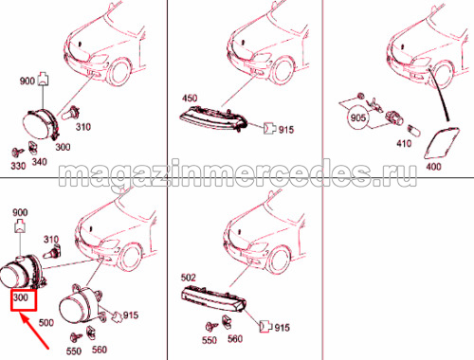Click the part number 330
[x=18, y=166]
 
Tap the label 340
[x=40, y=162]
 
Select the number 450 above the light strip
[x=190, y=99]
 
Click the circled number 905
[x=358, y=117]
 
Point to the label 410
[x=404, y=143]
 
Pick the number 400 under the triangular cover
[x=433, y=166]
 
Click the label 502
[x=189, y=278]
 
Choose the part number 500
[x=46, y=323]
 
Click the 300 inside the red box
[x=21, y=297]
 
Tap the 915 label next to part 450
[x=286, y=130]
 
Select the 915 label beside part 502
[x=283, y=328]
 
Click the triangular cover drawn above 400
[x=442, y=143]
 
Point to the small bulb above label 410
[x=413, y=130]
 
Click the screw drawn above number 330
[x=18, y=153]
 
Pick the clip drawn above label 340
[x=32, y=147]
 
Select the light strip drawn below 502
[x=213, y=297]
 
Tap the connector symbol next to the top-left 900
[x=44, y=79]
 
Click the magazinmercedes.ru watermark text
[x=238, y=174]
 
